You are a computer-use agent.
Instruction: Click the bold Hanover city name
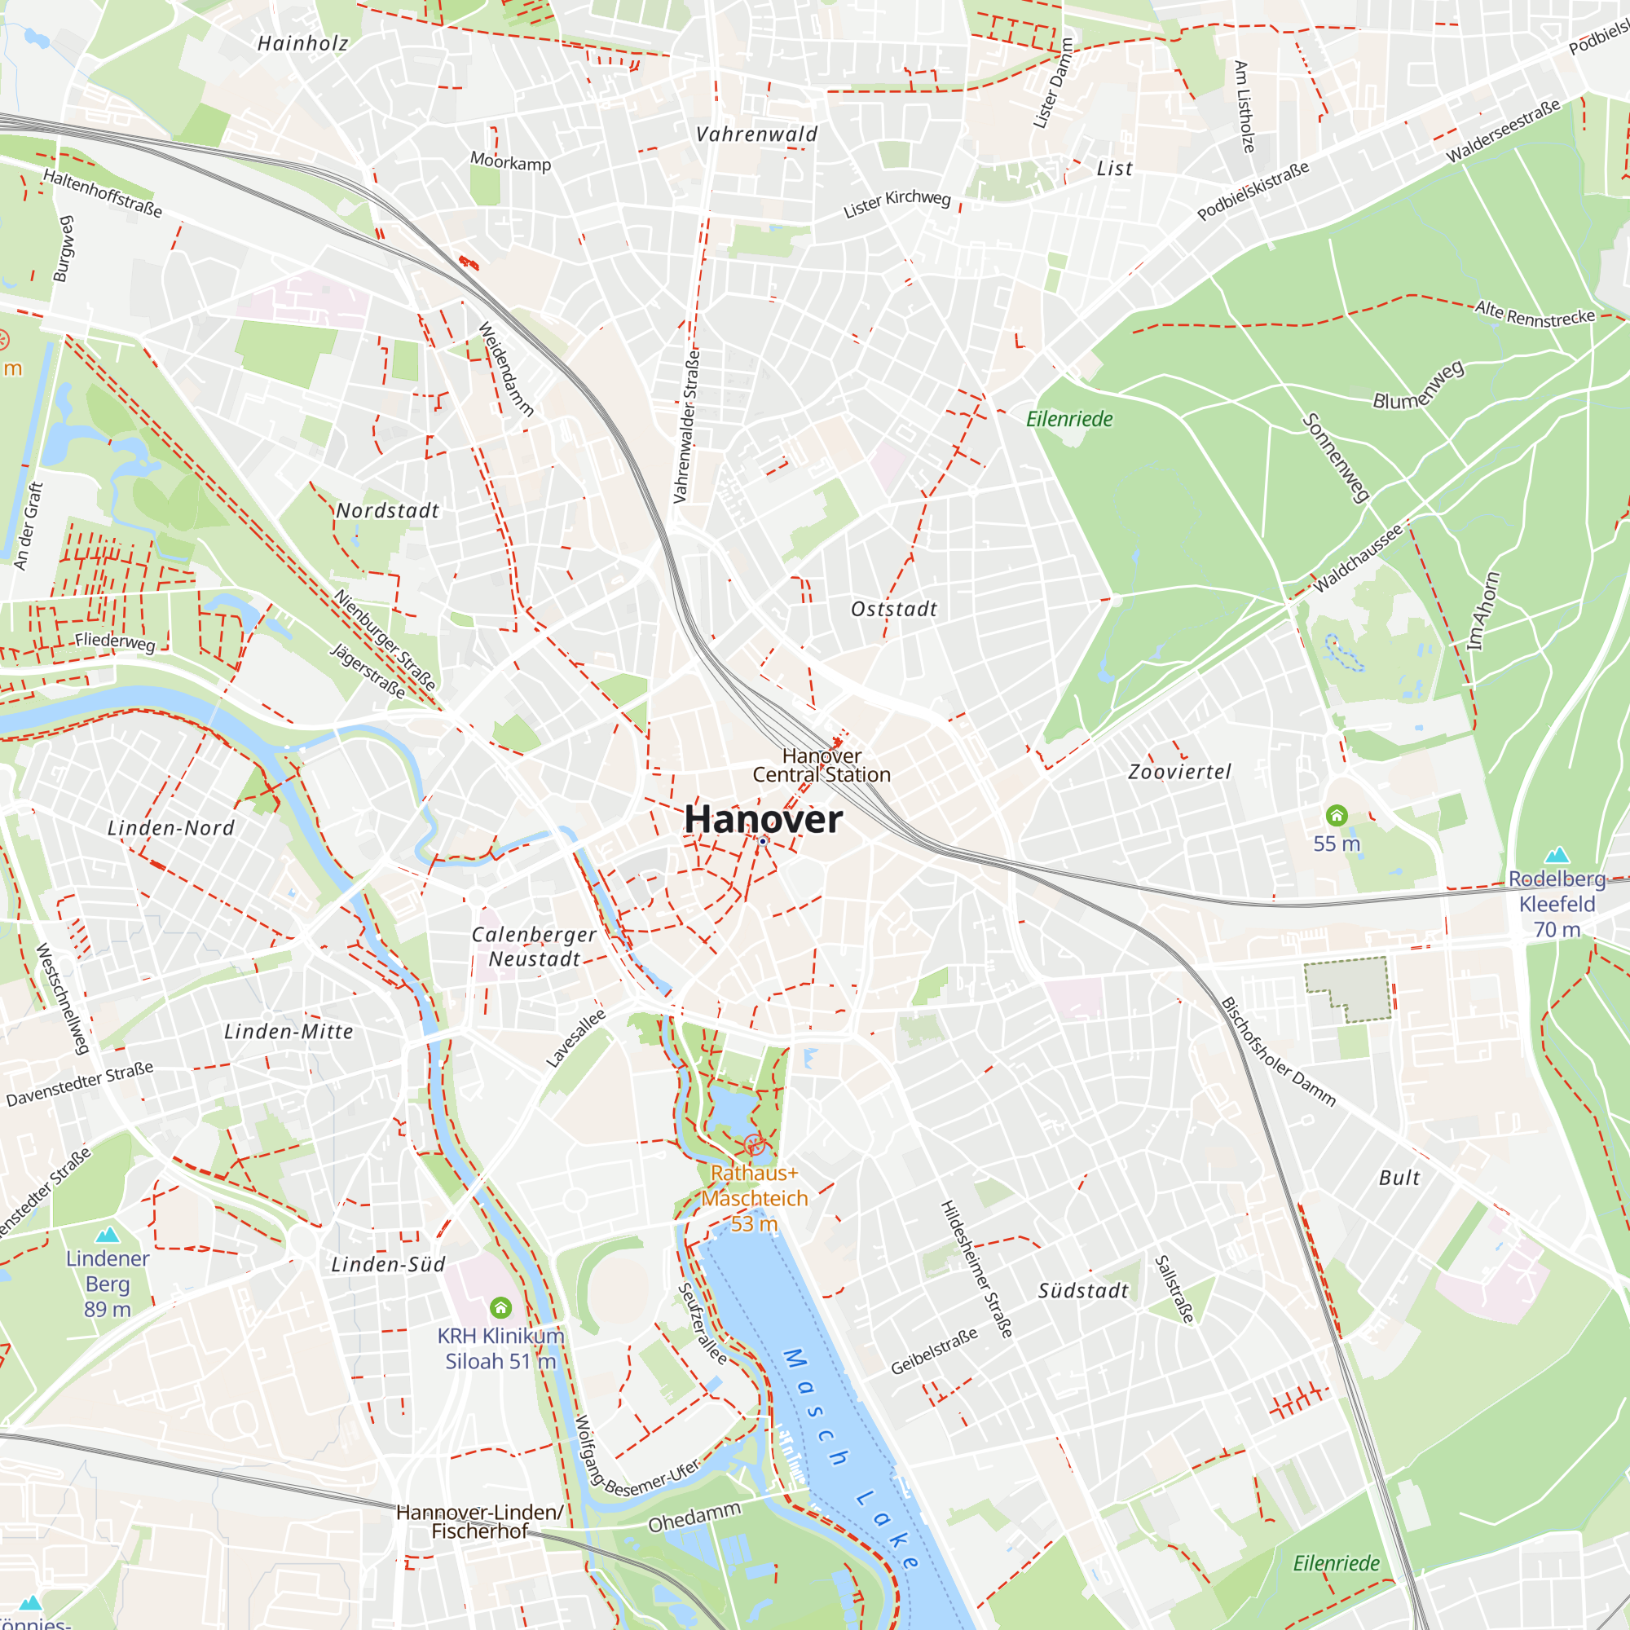click(x=763, y=819)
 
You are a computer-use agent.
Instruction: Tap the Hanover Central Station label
click(x=821, y=765)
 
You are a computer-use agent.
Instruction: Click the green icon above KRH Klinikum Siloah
click(x=500, y=1308)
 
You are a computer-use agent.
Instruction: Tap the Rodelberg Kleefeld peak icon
click(x=1556, y=855)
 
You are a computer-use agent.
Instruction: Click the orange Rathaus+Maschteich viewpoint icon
click(x=754, y=1145)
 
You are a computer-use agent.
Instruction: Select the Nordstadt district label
click(x=387, y=510)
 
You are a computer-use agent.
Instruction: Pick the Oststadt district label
click(x=893, y=609)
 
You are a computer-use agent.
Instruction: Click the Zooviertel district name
click(x=1179, y=771)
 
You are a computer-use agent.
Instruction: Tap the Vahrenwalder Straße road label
click(x=687, y=426)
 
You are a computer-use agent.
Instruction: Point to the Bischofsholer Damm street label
click(x=1277, y=1051)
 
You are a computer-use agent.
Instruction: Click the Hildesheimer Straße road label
click(x=976, y=1269)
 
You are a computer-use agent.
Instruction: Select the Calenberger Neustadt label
click(x=534, y=946)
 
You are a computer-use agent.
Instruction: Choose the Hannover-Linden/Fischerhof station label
click(x=479, y=1521)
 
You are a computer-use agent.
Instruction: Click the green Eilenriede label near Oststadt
click(x=1069, y=418)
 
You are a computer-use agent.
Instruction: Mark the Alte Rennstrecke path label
click(x=1535, y=313)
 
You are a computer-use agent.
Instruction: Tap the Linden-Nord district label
click(x=171, y=828)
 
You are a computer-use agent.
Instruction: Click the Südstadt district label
click(x=1082, y=1291)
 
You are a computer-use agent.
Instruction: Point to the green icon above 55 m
click(x=1337, y=815)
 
